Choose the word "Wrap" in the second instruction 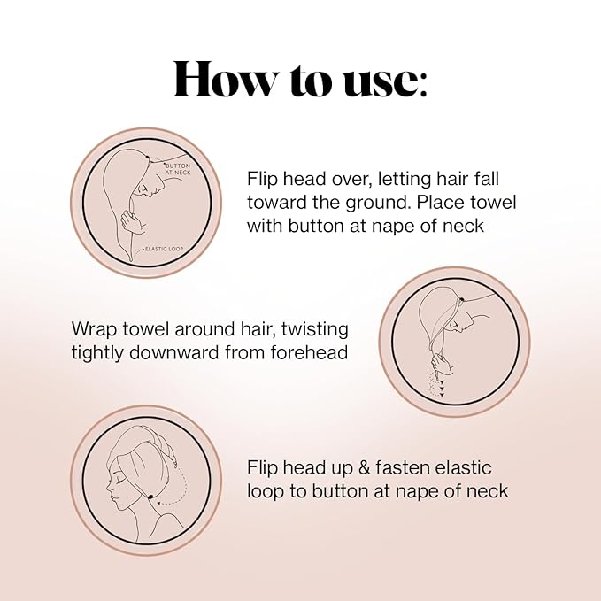[93, 329]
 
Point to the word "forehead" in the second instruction [313, 352]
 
